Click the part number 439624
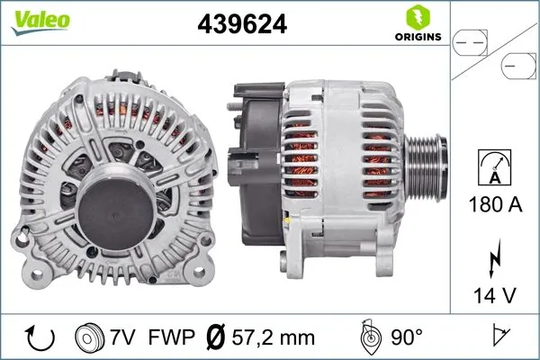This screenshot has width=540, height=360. tap(241, 25)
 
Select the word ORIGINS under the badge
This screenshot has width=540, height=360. tap(417, 38)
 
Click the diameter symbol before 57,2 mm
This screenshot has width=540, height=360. tap(217, 337)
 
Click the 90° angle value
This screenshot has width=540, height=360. tap(407, 337)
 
